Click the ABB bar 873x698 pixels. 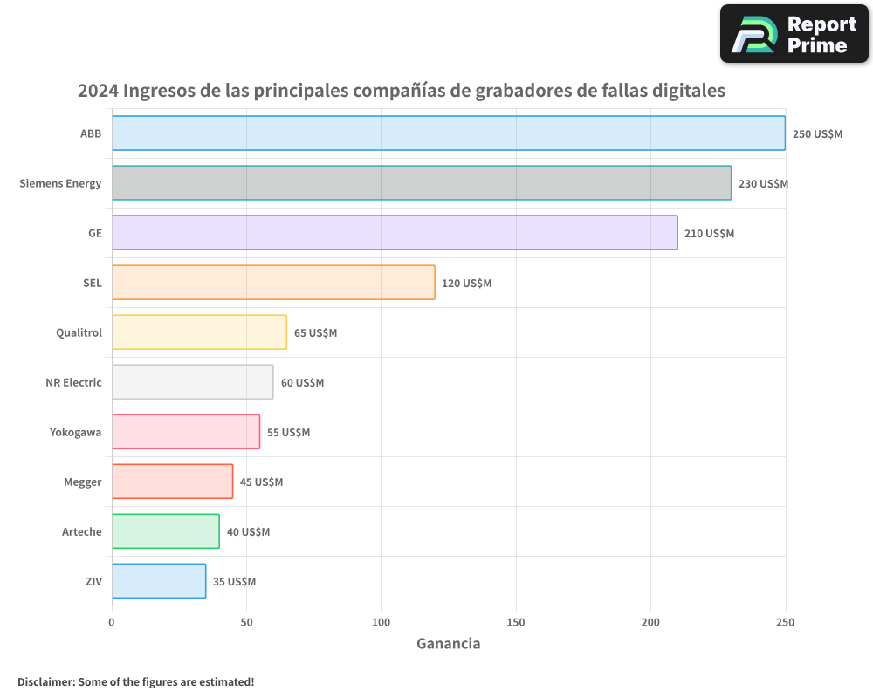tap(448, 133)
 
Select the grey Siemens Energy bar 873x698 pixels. tap(421, 183)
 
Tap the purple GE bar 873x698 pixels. tap(395, 233)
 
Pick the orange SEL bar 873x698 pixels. tap(273, 283)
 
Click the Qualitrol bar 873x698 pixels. tap(199, 332)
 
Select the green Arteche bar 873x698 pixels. tap(165, 531)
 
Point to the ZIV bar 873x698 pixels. tap(159, 581)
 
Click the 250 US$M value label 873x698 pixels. tap(817, 134)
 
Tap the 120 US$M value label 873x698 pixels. tap(466, 284)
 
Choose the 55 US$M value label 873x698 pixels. tap(288, 433)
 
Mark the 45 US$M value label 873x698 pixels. tap(261, 482)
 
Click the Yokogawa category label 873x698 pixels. tap(76, 433)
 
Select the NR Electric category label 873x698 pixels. tap(73, 383)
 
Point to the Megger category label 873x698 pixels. tap(83, 482)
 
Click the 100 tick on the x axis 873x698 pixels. tap(381, 622)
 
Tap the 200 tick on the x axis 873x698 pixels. tap(650, 622)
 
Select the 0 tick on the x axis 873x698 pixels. tap(112, 622)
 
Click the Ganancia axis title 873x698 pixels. tap(448, 644)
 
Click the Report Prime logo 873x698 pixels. tap(794, 34)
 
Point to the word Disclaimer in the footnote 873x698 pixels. tap(44, 681)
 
